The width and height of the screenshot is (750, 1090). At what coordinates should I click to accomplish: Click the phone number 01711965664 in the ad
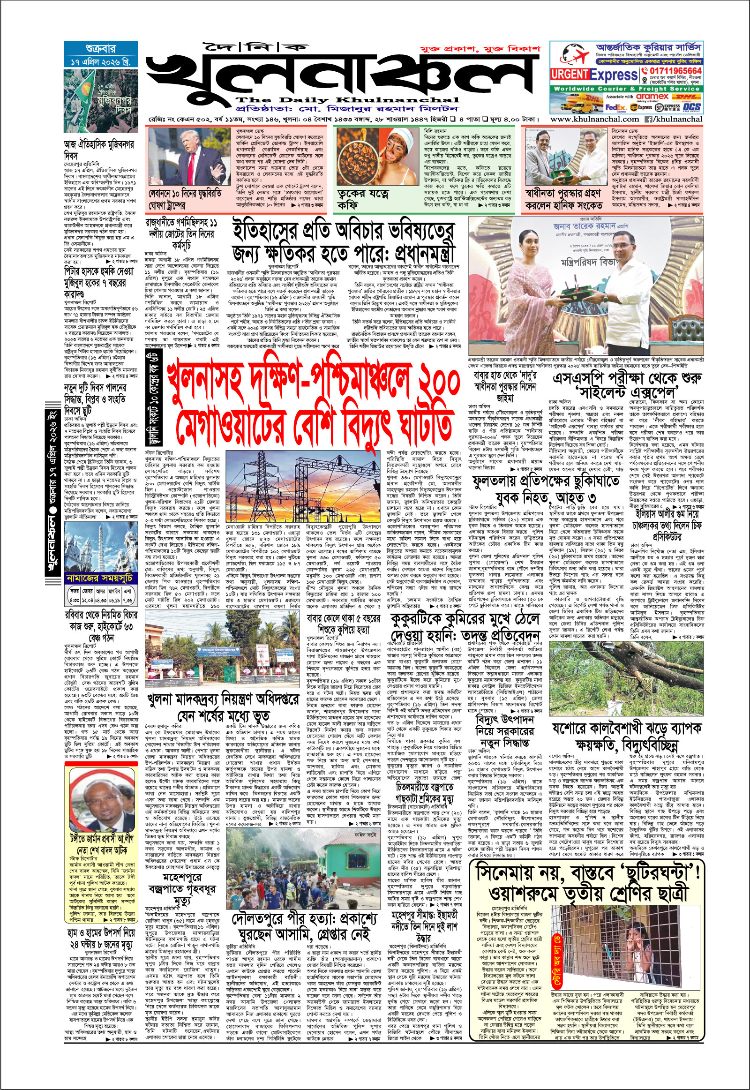(x=675, y=71)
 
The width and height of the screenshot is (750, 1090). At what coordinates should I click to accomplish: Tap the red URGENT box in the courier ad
(x=570, y=74)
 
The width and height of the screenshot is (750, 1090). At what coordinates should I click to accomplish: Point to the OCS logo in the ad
(x=692, y=107)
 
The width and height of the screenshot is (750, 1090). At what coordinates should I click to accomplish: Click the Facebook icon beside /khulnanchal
(x=648, y=120)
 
